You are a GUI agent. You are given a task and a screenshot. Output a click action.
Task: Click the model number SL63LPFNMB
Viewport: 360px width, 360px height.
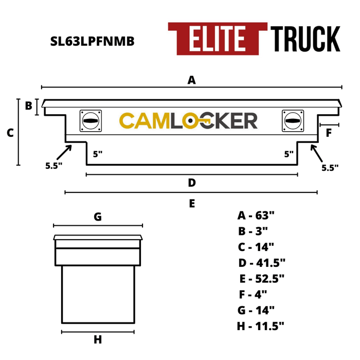92,41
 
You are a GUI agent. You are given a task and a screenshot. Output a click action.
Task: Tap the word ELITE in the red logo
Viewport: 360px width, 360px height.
217,39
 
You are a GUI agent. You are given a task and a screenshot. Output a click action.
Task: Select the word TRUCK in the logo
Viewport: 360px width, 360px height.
305,39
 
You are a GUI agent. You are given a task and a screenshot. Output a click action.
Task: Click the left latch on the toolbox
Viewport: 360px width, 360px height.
91,121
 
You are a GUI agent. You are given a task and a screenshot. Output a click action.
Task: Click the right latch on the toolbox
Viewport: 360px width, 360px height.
293,121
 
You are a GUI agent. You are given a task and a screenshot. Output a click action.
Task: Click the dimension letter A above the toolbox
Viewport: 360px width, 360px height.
192,80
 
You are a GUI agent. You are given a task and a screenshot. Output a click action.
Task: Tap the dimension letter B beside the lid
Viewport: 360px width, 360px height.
28,105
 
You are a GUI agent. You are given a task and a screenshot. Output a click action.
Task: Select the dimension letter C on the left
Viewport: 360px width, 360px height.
10,133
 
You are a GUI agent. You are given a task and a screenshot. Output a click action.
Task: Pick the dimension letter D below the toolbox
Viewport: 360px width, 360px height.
192,183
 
